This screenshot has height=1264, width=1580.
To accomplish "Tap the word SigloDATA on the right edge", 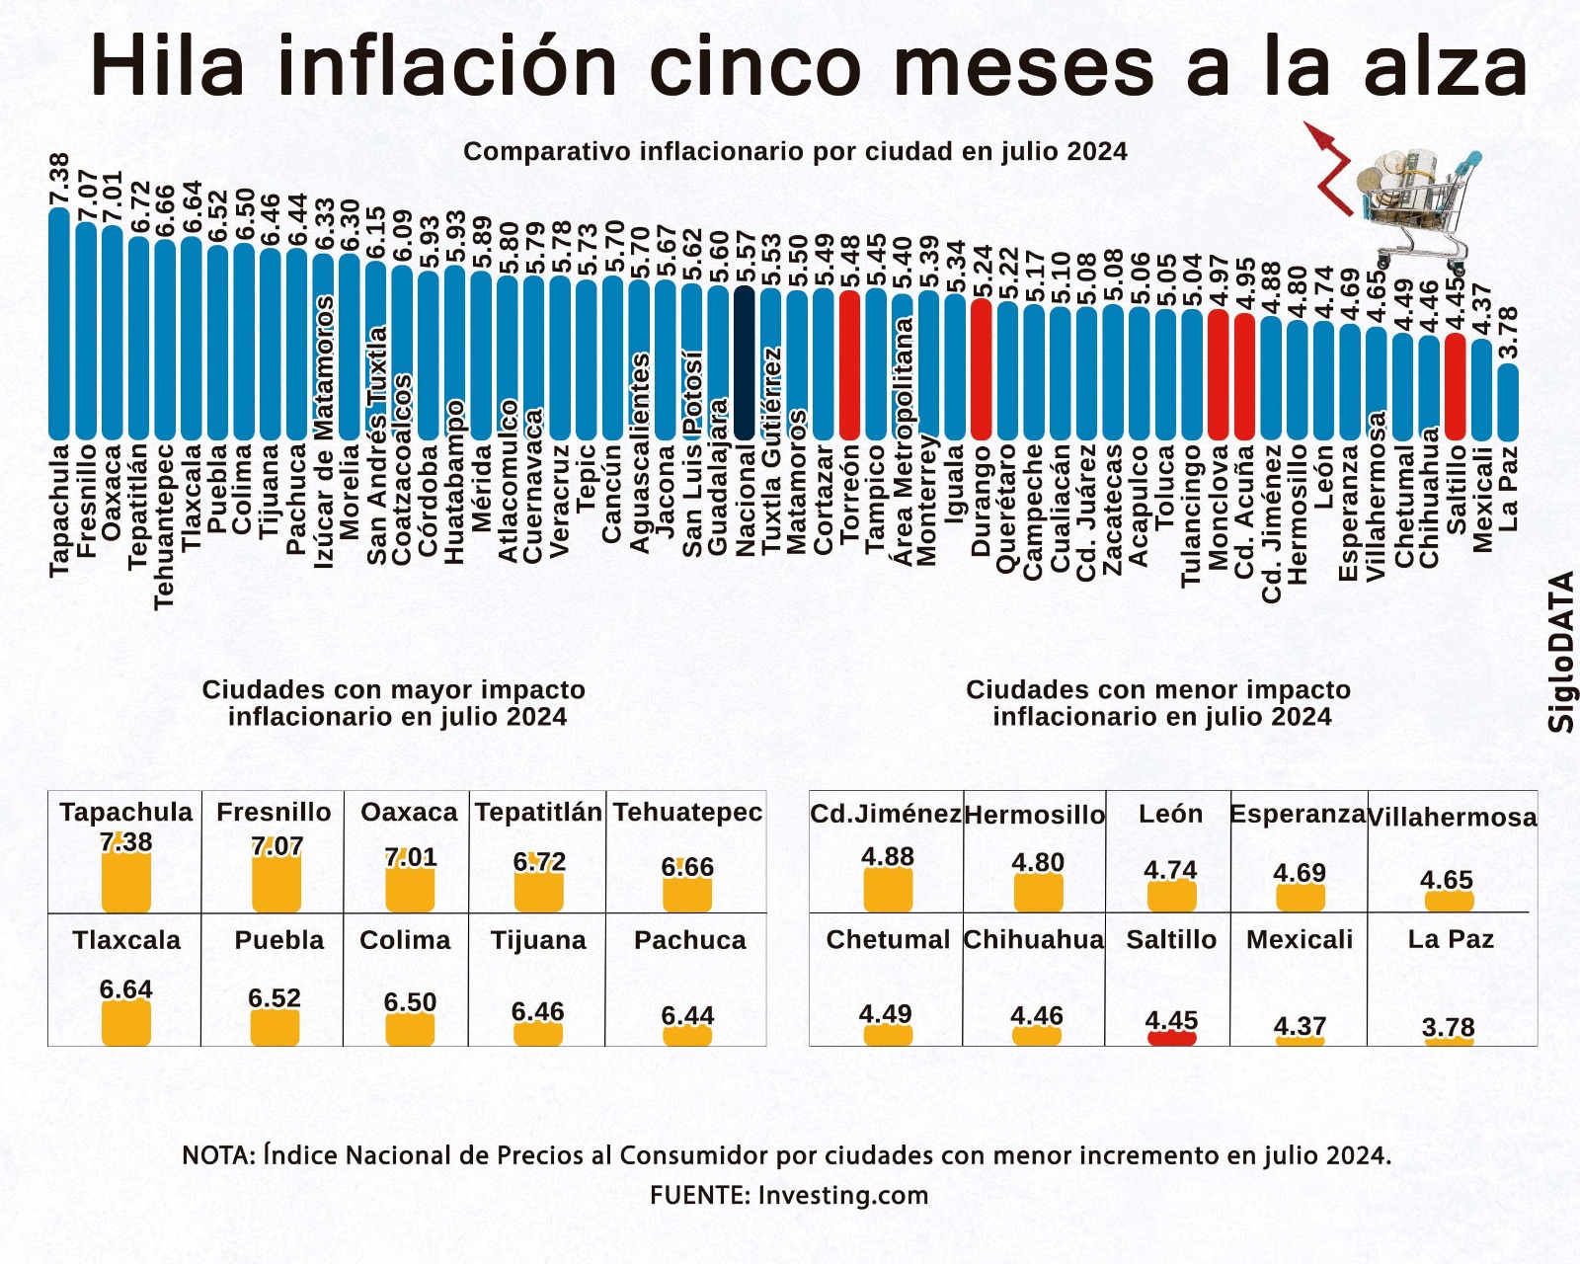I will click(x=1561, y=652).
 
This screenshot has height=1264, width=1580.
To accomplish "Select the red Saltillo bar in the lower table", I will click(x=1171, y=1037).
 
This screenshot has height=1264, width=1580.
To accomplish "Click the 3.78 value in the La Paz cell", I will click(x=1449, y=1027).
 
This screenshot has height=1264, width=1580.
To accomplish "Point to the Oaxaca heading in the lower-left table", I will click(x=409, y=812).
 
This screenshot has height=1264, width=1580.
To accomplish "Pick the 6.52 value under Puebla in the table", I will click(x=275, y=997).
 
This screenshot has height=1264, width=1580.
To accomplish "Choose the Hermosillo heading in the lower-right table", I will click(x=1034, y=815).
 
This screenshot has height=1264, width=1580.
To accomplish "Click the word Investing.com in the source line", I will click(x=843, y=1195).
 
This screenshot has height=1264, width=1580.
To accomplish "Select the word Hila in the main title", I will click(x=168, y=67).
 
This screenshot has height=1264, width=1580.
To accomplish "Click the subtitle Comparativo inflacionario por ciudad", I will click(x=795, y=151).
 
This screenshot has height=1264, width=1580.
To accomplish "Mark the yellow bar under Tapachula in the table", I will click(x=126, y=882).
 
